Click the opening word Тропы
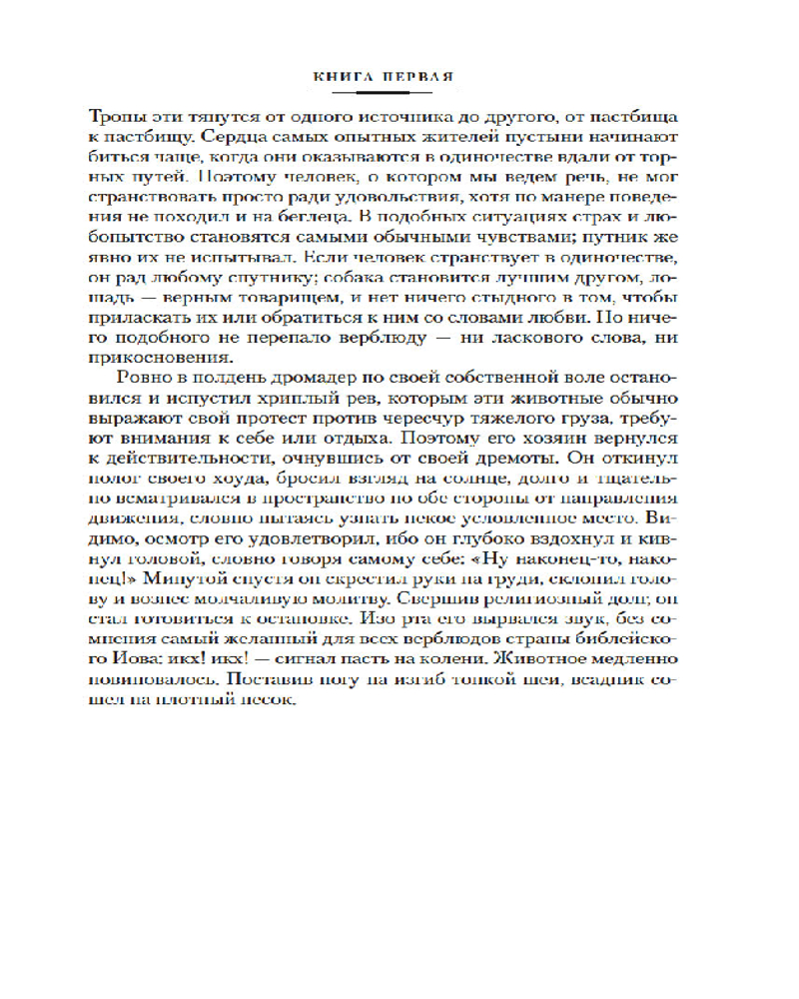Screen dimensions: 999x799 tap(143, 113)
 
